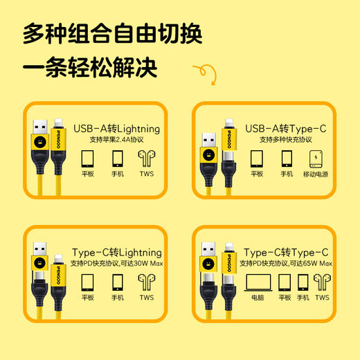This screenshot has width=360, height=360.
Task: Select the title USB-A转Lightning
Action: click(116, 128)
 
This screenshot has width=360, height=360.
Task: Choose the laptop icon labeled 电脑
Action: click(258, 282)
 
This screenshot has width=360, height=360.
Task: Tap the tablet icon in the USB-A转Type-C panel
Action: click(256, 158)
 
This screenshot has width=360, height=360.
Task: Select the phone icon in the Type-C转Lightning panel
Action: click(117, 282)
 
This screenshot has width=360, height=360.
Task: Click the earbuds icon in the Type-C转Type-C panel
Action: click(322, 282)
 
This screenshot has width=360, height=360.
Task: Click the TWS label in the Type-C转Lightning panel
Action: click(147, 298)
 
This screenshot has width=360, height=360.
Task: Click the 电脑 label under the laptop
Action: click(258, 298)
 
